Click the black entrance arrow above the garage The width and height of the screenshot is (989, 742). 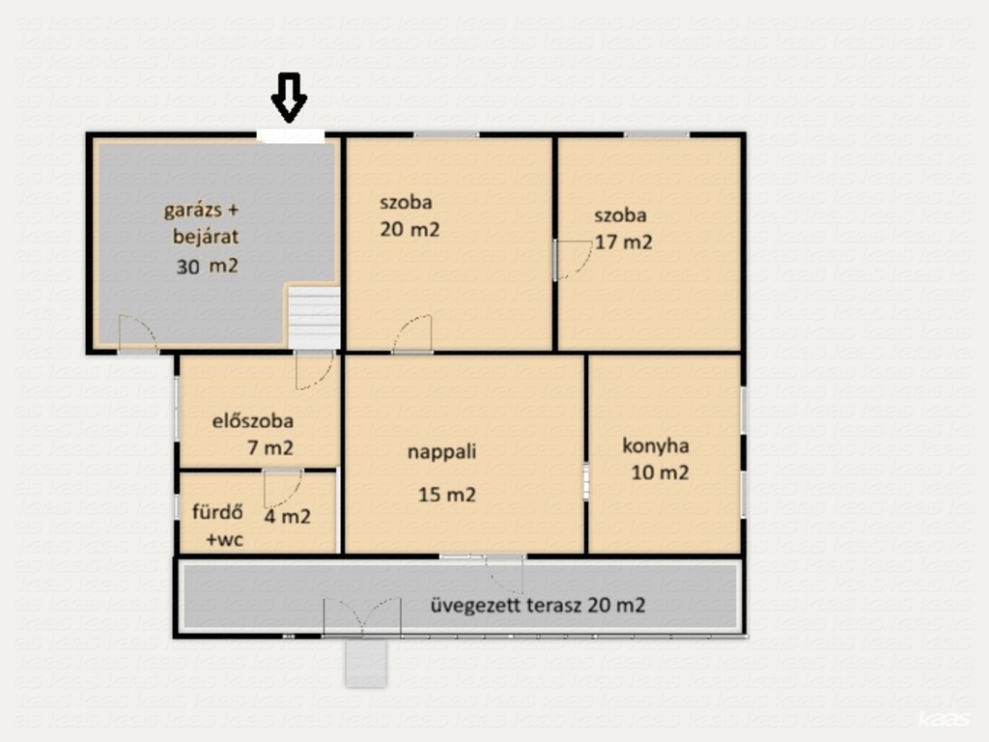click(289, 98)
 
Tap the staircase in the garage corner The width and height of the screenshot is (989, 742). click(314, 317)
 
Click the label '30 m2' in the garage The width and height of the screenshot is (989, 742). click(208, 267)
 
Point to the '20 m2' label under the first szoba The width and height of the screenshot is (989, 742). click(410, 230)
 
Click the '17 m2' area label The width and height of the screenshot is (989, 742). click(623, 243)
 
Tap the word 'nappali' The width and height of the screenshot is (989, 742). click(441, 452)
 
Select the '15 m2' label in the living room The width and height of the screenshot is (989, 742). click(446, 495)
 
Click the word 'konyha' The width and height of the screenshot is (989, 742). click(656, 446)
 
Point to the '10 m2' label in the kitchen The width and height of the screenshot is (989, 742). click(660, 472)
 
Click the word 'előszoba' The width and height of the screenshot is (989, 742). click(252, 421)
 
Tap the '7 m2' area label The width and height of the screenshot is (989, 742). click(270, 448)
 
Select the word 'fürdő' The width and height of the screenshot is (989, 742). click(217, 511)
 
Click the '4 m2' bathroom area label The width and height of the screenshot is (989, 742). click(287, 517)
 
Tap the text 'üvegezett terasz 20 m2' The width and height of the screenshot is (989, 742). click(538, 606)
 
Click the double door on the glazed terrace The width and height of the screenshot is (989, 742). click(362, 615)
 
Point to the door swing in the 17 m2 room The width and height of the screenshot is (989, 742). click(573, 259)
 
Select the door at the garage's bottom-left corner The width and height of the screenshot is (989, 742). click(137, 332)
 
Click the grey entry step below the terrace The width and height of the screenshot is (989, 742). click(366, 663)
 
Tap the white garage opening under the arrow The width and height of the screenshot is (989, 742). click(291, 136)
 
